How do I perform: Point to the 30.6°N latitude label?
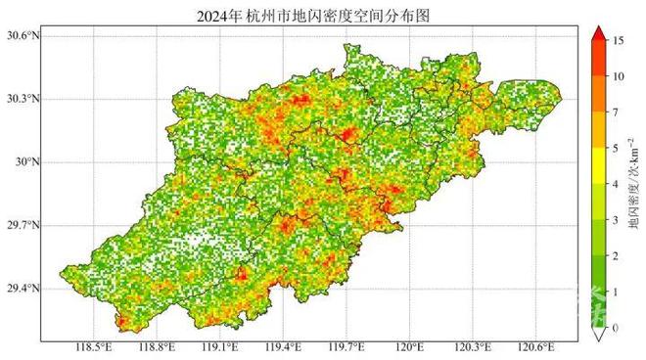pyautogui.click(x=22, y=36)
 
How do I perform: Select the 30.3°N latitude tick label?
pyautogui.click(x=22, y=99)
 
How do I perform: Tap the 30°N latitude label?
pyautogui.click(x=25, y=162)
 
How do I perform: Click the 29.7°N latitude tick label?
pyautogui.click(x=22, y=225)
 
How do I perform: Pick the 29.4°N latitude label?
pyautogui.click(x=22, y=289)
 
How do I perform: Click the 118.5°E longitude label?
pyautogui.click(x=93, y=348)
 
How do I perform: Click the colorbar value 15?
pyautogui.click(x=619, y=40)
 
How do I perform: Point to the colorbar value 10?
pyautogui.click(x=619, y=76)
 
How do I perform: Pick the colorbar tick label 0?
pyautogui.click(x=616, y=329)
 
